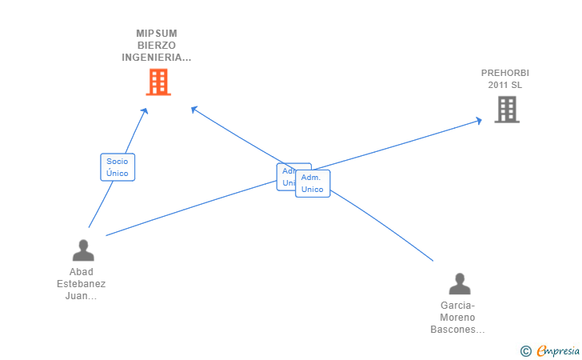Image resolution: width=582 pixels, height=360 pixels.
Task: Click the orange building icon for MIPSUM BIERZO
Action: click(158, 82)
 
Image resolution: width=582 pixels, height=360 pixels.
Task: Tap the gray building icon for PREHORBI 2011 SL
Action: click(507, 110)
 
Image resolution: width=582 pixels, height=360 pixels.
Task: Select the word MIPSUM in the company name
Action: click(157, 34)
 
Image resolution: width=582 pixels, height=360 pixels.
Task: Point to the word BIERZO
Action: click(157, 46)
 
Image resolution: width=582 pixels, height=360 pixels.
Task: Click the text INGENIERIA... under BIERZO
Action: click(157, 58)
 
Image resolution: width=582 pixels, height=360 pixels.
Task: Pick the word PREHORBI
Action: click(505, 73)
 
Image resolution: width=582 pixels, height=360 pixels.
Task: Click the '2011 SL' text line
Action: click(505, 85)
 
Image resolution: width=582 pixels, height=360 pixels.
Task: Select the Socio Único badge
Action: click(118, 167)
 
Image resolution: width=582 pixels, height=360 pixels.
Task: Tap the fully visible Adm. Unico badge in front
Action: click(313, 183)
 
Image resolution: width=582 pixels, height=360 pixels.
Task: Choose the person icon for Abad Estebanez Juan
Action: click(82, 251)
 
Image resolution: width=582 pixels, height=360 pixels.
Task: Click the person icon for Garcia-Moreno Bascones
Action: click(460, 284)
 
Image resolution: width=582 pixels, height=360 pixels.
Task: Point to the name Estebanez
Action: click(82, 284)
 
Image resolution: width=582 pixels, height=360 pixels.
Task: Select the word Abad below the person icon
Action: click(82, 272)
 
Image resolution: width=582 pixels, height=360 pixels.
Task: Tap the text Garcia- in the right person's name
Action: click(457, 306)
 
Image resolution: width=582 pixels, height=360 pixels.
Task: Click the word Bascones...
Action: click(457, 330)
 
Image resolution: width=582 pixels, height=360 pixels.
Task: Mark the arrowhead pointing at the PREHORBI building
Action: click(479, 120)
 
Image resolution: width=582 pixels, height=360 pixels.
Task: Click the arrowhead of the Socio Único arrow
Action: click(145, 111)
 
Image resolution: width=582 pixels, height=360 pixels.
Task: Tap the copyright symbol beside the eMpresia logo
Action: click(525, 350)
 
